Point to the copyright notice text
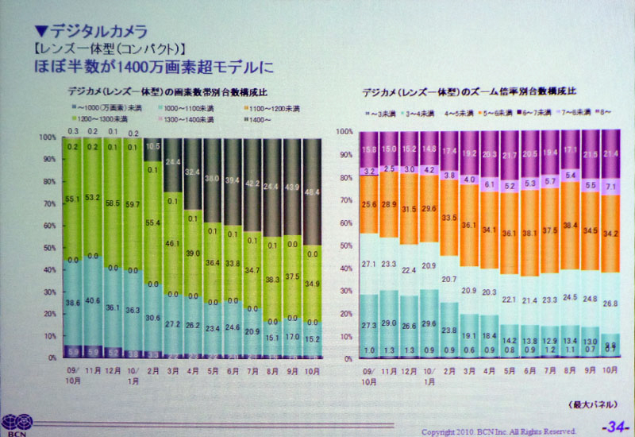[x=498, y=430]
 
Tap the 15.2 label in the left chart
[x=313, y=339]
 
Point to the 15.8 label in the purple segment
[x=368, y=149]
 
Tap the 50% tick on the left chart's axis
[x=51, y=246]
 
